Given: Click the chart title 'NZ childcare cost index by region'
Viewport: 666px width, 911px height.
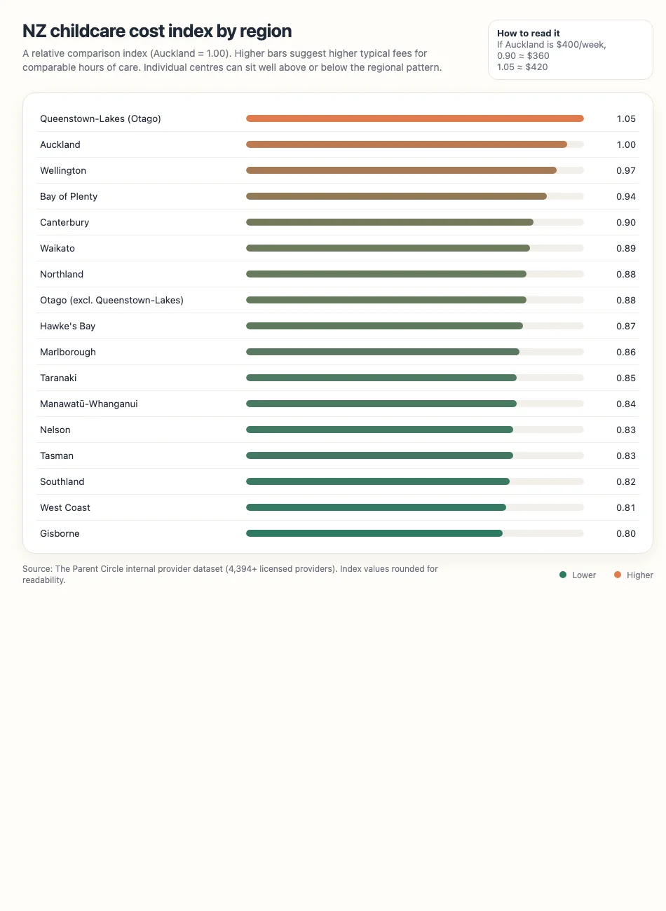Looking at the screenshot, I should click(157, 32).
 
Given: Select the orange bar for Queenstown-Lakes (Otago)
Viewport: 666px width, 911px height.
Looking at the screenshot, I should click(414, 118).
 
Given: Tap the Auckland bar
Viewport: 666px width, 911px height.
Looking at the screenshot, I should click(406, 144).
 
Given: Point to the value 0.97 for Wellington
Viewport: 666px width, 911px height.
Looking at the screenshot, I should click(625, 170).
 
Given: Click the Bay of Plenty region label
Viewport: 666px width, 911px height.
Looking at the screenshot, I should click(69, 196).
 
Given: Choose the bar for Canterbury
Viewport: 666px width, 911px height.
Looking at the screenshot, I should click(389, 222).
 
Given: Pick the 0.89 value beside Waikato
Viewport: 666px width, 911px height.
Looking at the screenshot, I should click(625, 248).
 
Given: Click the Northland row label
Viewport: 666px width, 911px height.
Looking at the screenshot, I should click(62, 274).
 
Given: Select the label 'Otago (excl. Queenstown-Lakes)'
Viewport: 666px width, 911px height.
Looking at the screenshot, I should click(111, 300).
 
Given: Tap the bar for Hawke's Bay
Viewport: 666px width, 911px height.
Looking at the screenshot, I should click(384, 326).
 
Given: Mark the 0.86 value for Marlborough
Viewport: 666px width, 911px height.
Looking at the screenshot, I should click(625, 352).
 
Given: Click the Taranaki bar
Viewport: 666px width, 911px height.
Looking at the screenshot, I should click(381, 378).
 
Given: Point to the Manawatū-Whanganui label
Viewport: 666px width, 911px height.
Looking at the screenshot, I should click(89, 404).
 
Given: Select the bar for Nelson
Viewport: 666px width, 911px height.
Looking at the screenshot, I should click(379, 430).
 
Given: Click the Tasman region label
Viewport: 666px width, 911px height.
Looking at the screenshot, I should click(57, 455).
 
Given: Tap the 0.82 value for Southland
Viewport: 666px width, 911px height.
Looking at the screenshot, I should click(625, 481).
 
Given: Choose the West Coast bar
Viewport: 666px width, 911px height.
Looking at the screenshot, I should click(376, 507).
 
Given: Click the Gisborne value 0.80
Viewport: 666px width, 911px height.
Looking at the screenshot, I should click(625, 533).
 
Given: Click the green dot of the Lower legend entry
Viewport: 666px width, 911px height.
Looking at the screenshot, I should click(563, 575).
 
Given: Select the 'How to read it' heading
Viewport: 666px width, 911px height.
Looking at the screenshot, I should click(528, 33).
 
